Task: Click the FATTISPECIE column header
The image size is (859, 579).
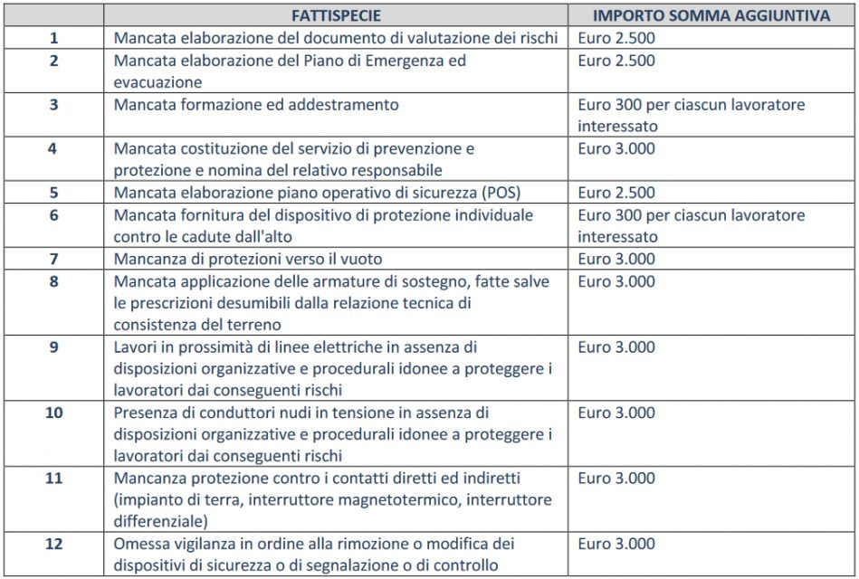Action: [x=336, y=15]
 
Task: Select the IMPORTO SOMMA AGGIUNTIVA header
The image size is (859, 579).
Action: [x=711, y=15]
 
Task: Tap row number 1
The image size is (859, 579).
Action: [x=53, y=39]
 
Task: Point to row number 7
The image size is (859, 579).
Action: [x=53, y=260]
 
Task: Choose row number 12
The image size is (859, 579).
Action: [x=53, y=545]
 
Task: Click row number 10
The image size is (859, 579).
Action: [x=53, y=413]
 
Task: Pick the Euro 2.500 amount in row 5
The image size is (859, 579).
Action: [x=616, y=194]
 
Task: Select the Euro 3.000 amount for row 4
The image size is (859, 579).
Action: [x=616, y=149]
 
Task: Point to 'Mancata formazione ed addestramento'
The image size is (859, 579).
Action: [x=256, y=105]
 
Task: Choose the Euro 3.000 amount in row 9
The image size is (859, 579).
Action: [x=616, y=347]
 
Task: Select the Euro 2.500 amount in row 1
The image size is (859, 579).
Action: [x=616, y=39]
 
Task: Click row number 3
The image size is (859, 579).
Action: [x=53, y=105]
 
